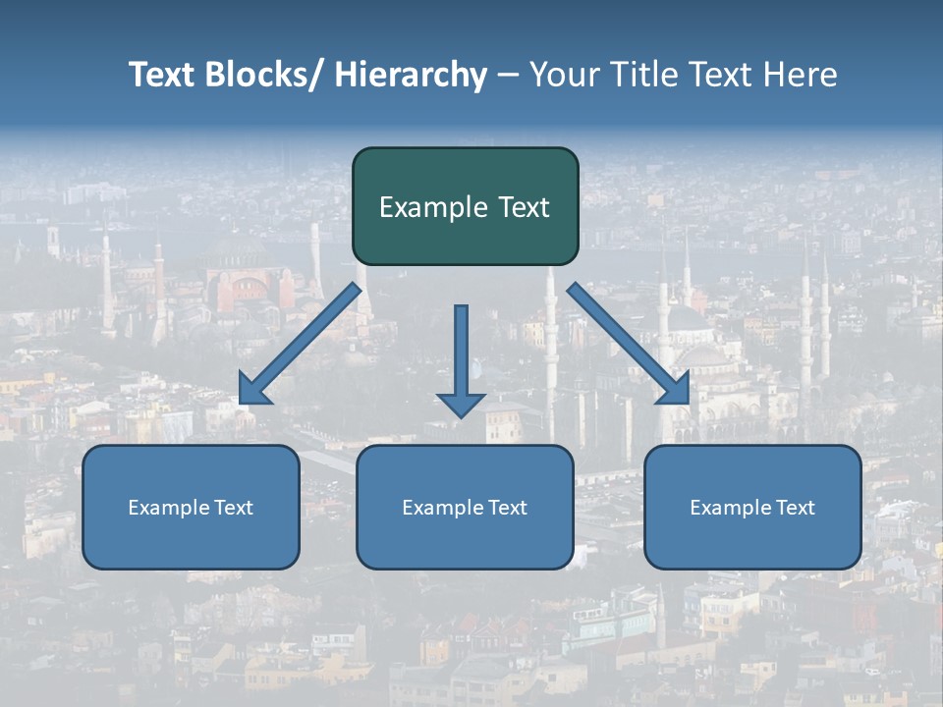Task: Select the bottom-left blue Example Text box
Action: coord(191,540)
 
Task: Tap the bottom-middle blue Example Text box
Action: coord(465,540)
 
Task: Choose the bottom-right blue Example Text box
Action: coord(752,540)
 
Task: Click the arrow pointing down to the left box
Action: coord(300,345)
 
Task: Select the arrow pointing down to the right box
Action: coord(629,344)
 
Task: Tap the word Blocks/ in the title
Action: coord(259,75)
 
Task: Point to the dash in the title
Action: coord(507,75)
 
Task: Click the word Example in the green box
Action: coord(427,207)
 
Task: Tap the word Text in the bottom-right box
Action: coord(793,508)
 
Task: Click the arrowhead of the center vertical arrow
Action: coord(461,404)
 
